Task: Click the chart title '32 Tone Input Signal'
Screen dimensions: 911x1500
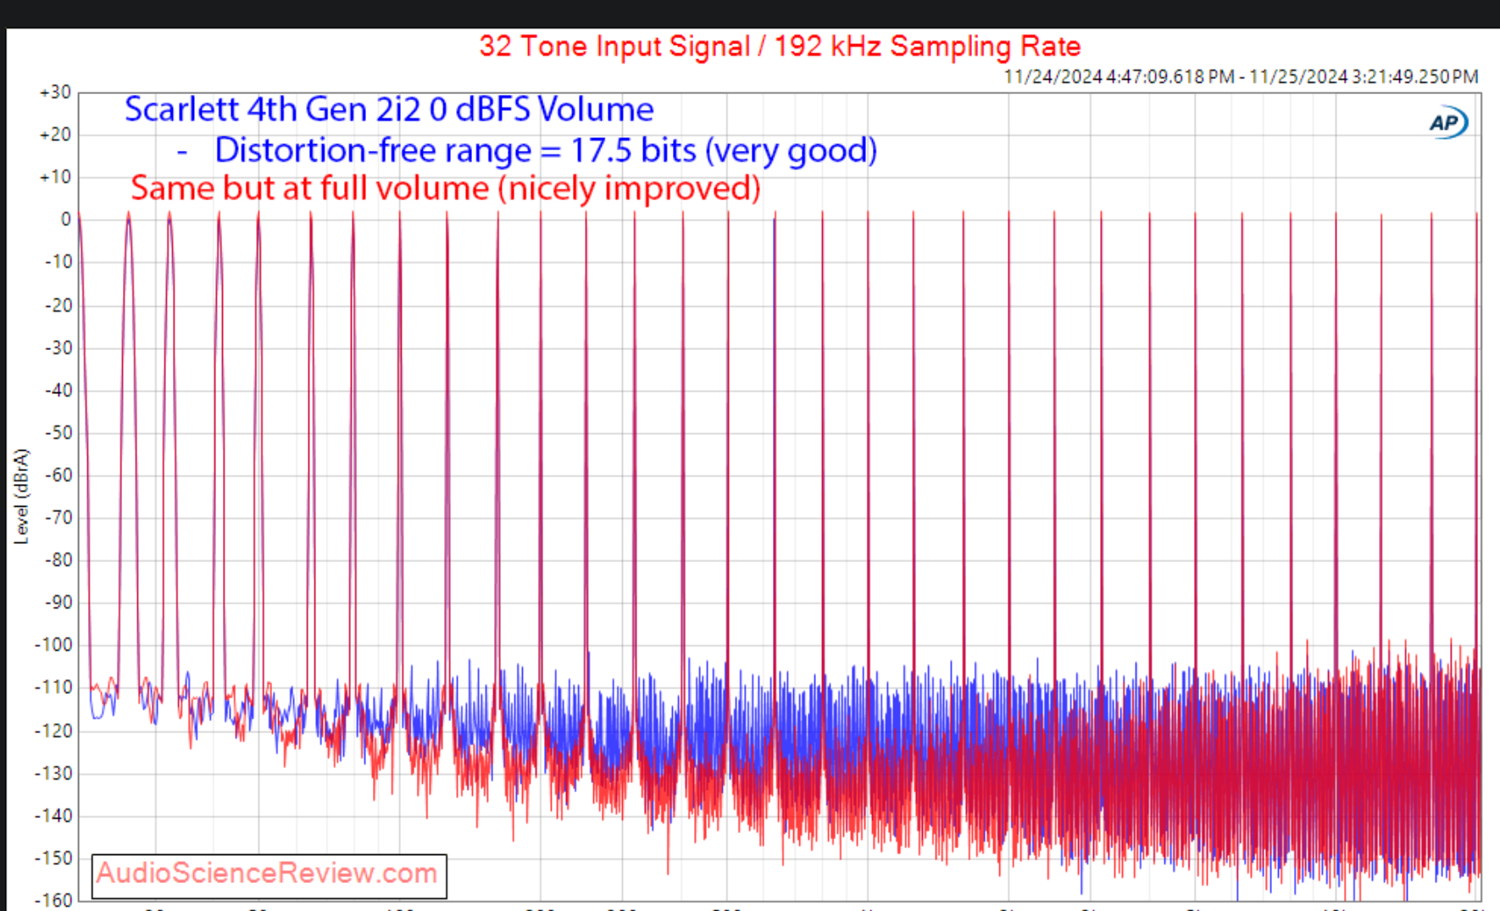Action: coord(614,46)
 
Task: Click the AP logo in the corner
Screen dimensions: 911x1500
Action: coord(1447,124)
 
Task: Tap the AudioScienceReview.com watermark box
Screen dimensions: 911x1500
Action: coord(269,875)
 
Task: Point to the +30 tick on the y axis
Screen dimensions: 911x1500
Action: coord(56,92)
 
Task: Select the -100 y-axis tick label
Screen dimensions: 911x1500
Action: coord(54,645)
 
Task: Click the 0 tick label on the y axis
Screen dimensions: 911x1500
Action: coord(65,219)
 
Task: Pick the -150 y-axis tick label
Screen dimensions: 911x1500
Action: coord(54,858)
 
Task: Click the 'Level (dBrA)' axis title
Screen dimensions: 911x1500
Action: coord(22,496)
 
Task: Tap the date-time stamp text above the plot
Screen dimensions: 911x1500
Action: coord(1241,76)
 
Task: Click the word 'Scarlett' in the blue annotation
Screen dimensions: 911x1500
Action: coord(181,110)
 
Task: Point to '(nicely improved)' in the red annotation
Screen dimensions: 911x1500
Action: coord(629,188)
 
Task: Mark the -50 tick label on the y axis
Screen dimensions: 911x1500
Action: coord(58,432)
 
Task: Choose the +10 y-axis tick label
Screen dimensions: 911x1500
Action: coord(56,177)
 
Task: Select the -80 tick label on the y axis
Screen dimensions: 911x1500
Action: coord(58,560)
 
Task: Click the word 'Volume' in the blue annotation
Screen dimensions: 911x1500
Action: coord(596,110)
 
